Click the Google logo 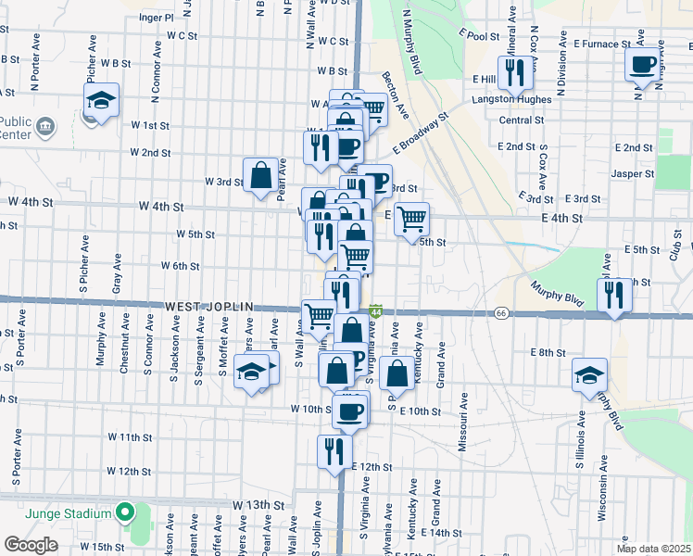(x=31, y=545)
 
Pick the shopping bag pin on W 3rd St (x=260, y=173)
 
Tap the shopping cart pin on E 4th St (x=410, y=219)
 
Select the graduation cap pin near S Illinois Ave (x=588, y=374)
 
